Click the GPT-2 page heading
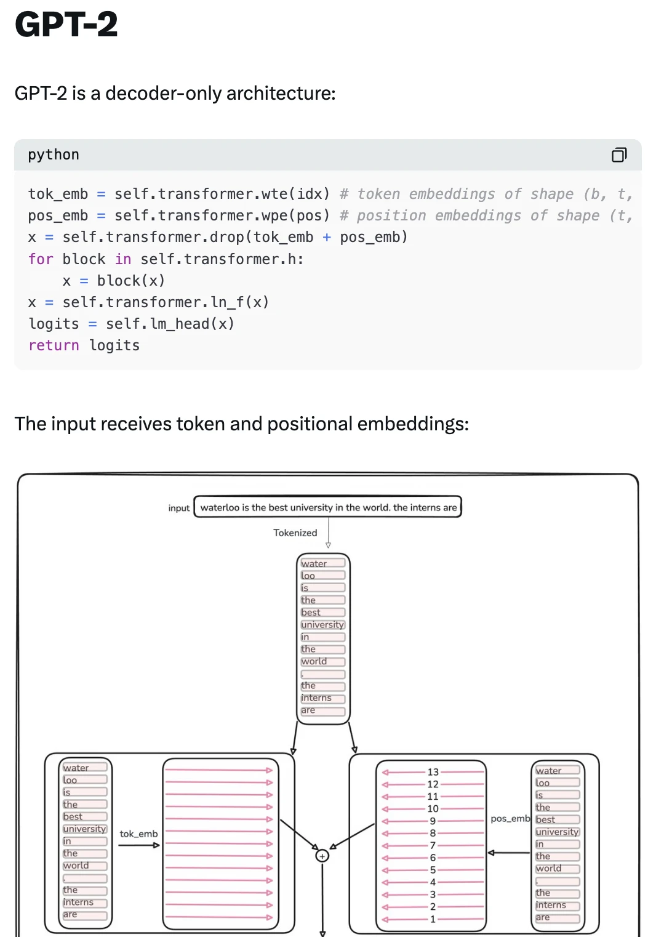pos(66,24)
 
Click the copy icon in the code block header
pos(619,155)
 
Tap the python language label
pos(54,155)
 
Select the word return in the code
pos(54,345)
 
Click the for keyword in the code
pos(41,259)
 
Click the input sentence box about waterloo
pos(328,507)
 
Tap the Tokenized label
pos(295,533)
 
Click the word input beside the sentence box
pos(179,508)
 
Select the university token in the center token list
pos(323,624)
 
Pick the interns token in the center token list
pos(323,698)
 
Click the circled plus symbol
pos(322,856)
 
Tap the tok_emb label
pos(139,834)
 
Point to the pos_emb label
pos(510,819)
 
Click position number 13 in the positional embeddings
pos(433,772)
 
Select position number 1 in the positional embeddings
pos(433,919)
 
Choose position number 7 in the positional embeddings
pos(433,845)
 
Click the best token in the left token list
pos(85,816)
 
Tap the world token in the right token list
pos(558,869)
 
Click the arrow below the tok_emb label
pos(139,845)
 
